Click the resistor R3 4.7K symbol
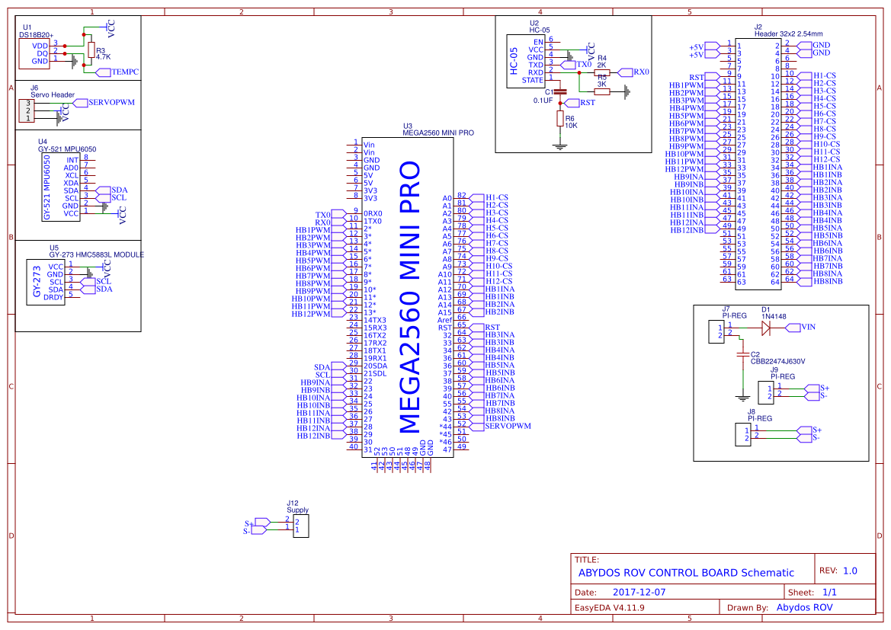point(91,51)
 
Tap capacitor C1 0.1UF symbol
point(559,91)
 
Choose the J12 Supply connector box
point(301,525)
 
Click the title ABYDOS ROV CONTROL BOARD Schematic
point(685,573)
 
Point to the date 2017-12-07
point(639,592)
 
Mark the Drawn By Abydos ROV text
point(803,607)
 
